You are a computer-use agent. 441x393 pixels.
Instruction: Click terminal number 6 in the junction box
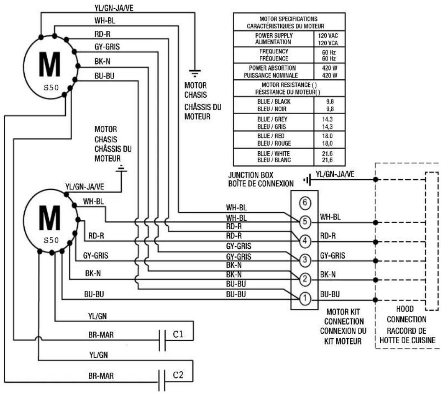(304, 203)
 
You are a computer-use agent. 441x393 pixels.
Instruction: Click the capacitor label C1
(178, 335)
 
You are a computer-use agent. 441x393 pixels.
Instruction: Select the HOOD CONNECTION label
(406, 314)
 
